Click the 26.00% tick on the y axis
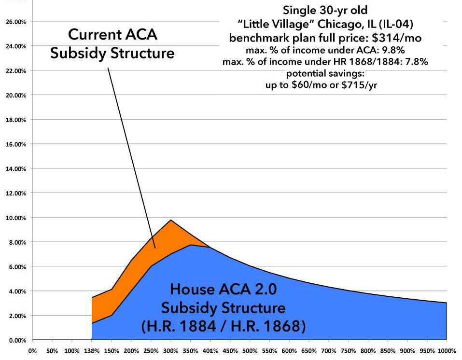15,22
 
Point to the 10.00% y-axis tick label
15,218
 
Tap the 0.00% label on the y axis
16,340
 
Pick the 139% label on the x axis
92,350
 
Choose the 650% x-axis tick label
308,350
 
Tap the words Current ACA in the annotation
112,35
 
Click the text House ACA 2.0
224,290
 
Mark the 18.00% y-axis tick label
15,120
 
